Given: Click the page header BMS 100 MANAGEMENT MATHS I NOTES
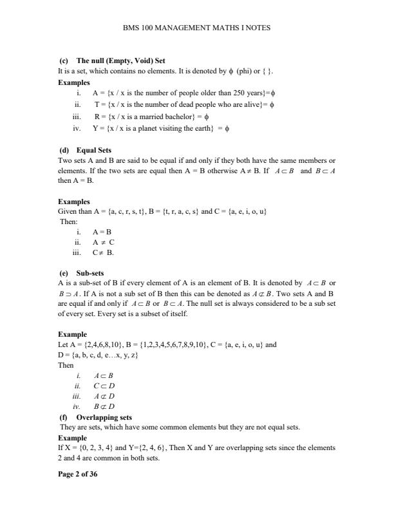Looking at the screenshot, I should (196, 28).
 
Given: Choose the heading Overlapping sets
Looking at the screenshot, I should (104, 417).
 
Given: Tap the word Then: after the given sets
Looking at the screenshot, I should (69, 221).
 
